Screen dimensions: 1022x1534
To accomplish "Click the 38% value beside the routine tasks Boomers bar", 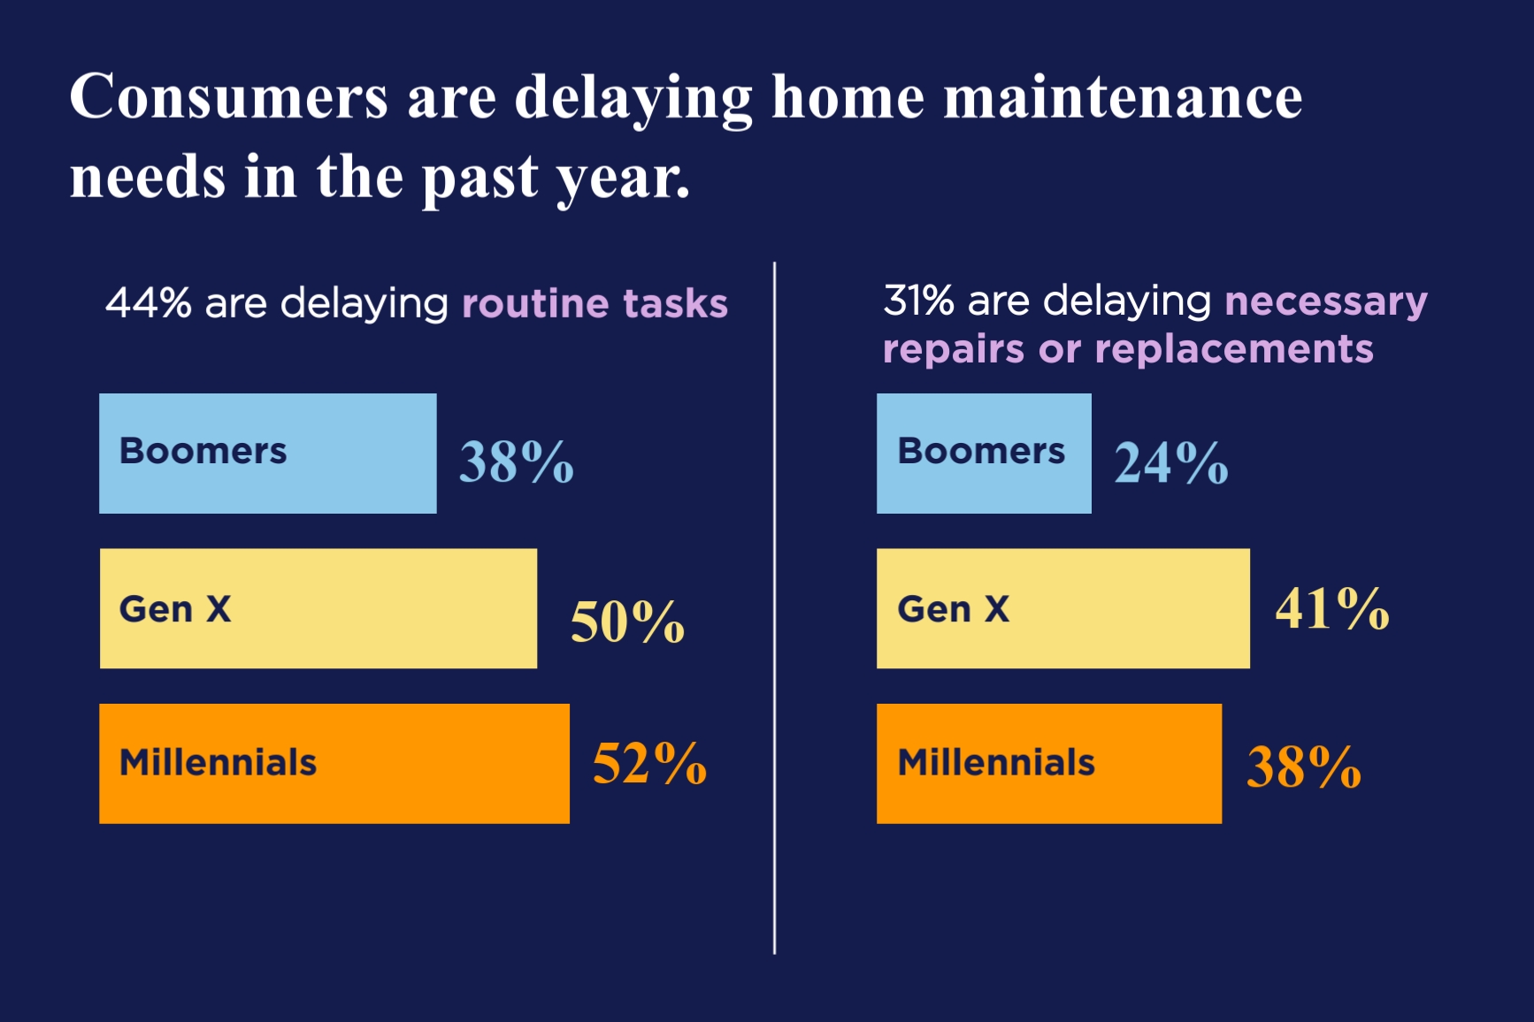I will click(517, 461).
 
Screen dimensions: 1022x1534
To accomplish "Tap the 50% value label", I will click(627, 622).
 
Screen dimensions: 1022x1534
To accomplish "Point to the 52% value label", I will click(649, 763).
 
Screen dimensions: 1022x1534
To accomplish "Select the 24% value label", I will click(1170, 462).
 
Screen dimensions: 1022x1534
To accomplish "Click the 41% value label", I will click(1331, 608).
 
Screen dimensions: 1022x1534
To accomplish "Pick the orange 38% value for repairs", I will click(1303, 766).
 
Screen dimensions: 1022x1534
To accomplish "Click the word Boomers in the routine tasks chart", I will click(203, 451).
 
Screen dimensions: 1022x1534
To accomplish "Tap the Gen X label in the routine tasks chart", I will click(175, 609).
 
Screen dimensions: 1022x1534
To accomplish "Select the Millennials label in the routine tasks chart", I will click(218, 763).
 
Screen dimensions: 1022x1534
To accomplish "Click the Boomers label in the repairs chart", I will click(981, 451).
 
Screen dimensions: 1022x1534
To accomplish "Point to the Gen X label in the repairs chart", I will click(953, 609).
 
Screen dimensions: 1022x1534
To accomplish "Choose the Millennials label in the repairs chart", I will click(996, 763).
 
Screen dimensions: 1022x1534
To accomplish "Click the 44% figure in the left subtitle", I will click(148, 303).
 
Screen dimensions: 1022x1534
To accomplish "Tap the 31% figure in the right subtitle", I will click(918, 301).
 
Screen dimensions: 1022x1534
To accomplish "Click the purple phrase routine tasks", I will click(594, 304).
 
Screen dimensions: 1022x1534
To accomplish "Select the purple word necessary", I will click(1325, 302).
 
